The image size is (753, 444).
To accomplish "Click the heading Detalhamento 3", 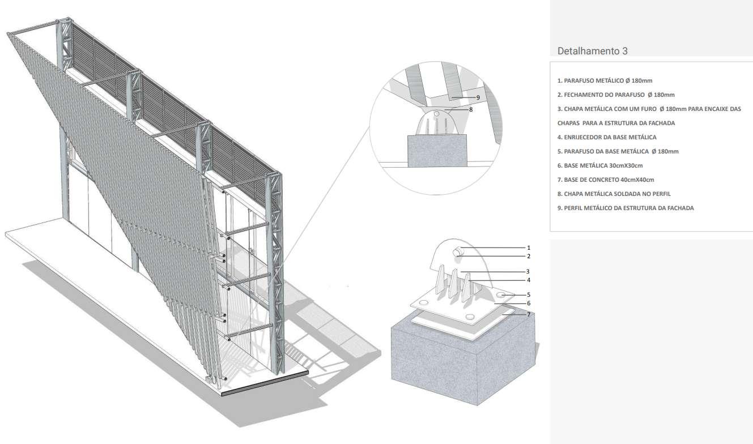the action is tap(592, 51).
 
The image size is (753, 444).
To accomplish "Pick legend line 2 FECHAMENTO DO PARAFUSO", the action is tap(616, 95).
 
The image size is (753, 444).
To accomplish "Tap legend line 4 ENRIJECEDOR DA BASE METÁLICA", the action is tap(607, 137).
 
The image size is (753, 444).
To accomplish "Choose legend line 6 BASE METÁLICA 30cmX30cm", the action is tap(600, 165).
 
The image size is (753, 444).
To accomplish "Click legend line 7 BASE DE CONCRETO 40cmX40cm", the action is tap(606, 180).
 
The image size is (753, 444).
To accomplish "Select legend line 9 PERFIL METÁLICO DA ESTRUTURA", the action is tap(626, 208).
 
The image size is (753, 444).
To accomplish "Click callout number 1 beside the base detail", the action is tap(529, 247).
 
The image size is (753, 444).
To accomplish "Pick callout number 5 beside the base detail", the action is tap(529, 294).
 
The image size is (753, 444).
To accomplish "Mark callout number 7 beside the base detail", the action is tap(529, 314).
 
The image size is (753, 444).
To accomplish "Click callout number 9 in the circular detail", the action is tap(478, 97).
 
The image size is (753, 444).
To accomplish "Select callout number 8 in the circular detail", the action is tap(471, 109).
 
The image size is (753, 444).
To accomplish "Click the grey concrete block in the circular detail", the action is tap(437, 151).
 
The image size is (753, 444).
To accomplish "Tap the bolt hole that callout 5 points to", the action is tap(501, 295).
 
